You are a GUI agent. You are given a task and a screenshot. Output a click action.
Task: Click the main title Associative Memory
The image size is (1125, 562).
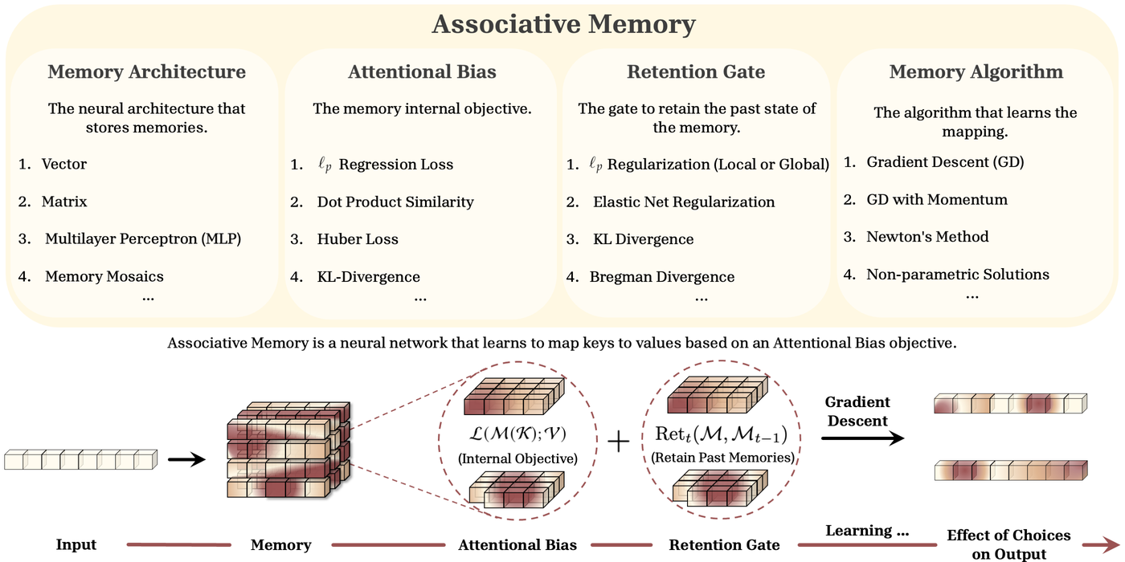pos(562,24)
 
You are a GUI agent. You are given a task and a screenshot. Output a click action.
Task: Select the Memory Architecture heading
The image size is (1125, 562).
pos(146,71)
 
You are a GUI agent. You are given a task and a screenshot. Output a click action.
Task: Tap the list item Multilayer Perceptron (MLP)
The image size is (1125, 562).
pos(143,238)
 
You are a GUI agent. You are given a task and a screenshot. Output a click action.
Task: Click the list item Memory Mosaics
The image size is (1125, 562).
pos(104,276)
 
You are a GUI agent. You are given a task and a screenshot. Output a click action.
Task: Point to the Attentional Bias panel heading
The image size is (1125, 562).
pos(422,71)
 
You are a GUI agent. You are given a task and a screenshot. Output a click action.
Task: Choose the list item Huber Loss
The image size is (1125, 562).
pos(358,239)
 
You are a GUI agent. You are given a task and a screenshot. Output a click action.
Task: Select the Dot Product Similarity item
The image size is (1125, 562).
pos(395,202)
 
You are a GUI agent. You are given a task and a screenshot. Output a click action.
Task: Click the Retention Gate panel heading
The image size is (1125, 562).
pos(696,71)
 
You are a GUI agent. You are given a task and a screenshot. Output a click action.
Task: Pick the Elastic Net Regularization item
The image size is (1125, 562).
pos(684,202)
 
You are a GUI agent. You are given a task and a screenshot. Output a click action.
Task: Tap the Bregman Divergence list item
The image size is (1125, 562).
pos(661,277)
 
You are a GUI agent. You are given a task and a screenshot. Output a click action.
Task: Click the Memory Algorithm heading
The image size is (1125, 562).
pos(976,71)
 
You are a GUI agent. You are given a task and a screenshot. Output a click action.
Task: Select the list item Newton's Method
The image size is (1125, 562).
pos(927,237)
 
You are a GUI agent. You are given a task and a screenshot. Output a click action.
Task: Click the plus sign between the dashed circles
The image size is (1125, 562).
pos(617,442)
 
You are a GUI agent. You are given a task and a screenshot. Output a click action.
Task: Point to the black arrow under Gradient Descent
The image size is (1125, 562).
pos(862,438)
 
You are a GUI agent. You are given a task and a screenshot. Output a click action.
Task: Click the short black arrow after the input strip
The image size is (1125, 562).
pos(185,460)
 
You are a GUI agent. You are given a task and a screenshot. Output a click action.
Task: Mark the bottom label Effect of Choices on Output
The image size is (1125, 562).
pos(1008,544)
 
